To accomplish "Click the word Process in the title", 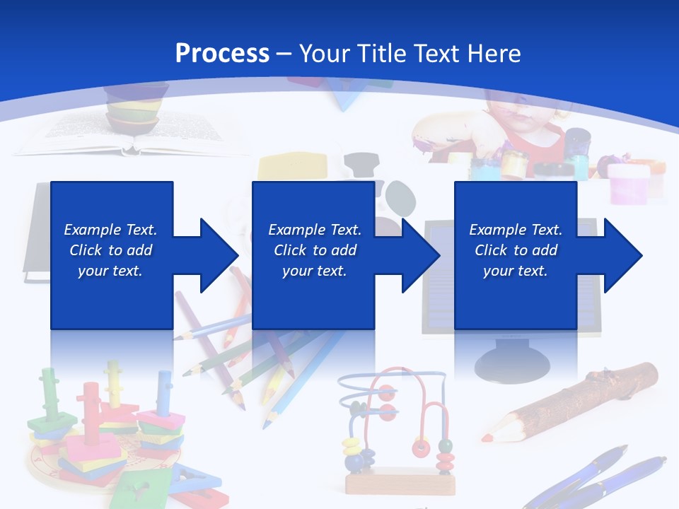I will click(x=222, y=54).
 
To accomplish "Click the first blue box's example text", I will click(x=110, y=250).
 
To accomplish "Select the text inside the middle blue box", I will click(x=315, y=250).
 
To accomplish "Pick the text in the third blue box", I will click(x=516, y=250).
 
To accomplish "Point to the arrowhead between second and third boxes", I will click(x=420, y=255).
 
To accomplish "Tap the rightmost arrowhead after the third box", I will click(x=622, y=255).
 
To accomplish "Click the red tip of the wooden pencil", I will click(x=488, y=436).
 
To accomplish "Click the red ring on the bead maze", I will click(x=422, y=447).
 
